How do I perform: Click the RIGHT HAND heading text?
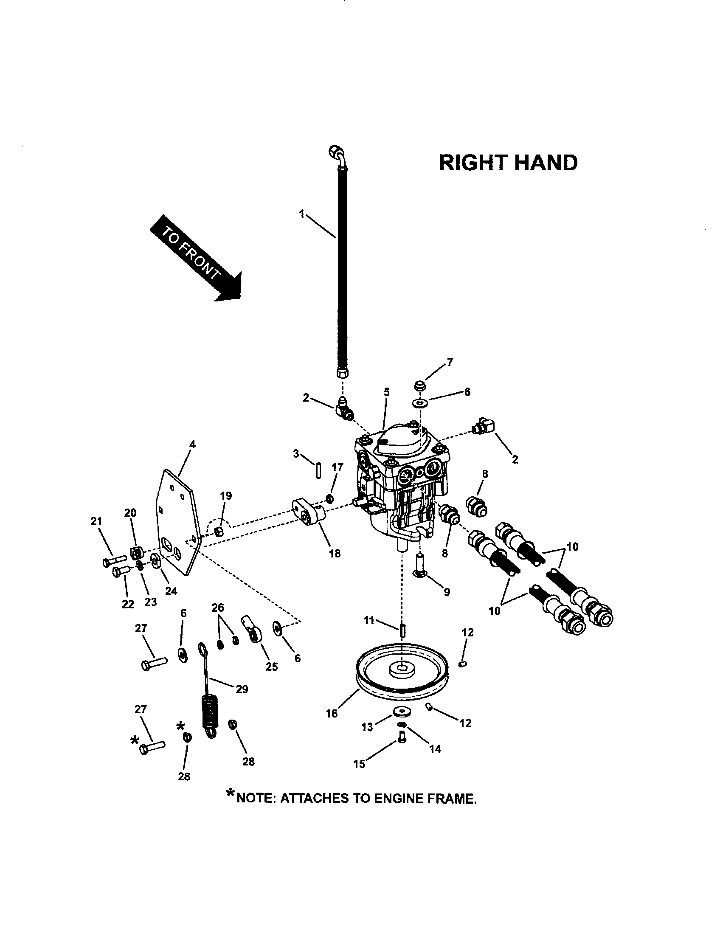pyautogui.click(x=508, y=163)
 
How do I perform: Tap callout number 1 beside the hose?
pyautogui.click(x=302, y=214)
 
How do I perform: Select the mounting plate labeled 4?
pyautogui.click(x=177, y=524)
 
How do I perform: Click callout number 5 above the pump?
pyautogui.click(x=386, y=392)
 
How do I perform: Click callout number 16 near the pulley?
pyautogui.click(x=332, y=713)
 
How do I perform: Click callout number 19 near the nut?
pyautogui.click(x=226, y=495)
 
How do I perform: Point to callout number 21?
pyautogui.click(x=97, y=521)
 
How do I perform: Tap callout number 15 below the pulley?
pyautogui.click(x=359, y=764)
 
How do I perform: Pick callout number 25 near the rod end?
pyautogui.click(x=272, y=667)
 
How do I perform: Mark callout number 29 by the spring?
pyautogui.click(x=242, y=689)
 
